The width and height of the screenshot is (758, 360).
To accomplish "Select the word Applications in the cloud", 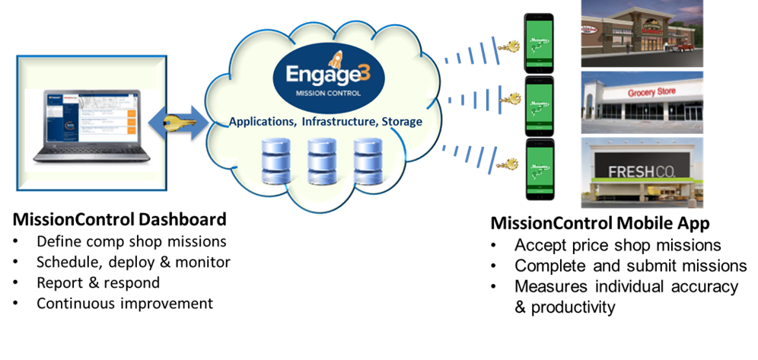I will pos(263,122).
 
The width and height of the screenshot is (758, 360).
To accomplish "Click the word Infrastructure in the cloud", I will pos(337,122).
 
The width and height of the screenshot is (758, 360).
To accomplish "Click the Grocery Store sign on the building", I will pos(651,92).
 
